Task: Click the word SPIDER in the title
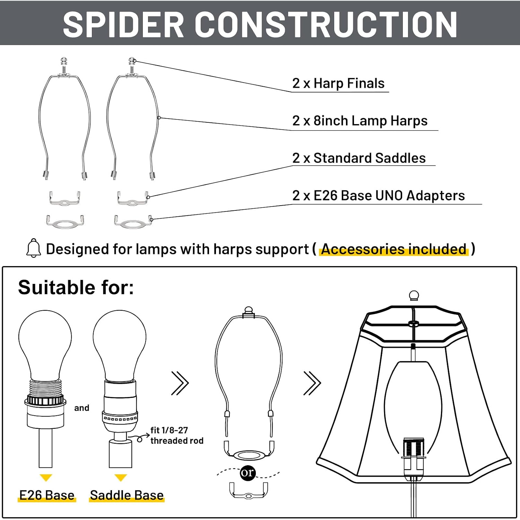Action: pyautogui.click(x=123, y=24)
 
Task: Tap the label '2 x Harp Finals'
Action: pyautogui.click(x=338, y=83)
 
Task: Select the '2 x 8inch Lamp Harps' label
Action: pyautogui.click(x=360, y=121)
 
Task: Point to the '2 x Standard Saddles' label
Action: pyautogui.click(x=359, y=158)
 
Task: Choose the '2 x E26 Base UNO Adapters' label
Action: pyautogui.click(x=379, y=196)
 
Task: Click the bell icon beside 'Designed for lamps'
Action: pyautogui.click(x=34, y=248)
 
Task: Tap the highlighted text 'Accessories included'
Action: pyautogui.click(x=394, y=249)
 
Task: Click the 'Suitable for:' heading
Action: pyautogui.click(x=76, y=287)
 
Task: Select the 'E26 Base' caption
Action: pyautogui.click(x=47, y=495)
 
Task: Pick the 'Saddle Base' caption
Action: pyautogui.click(x=127, y=495)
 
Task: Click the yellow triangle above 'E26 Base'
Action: pyautogui.click(x=46, y=477)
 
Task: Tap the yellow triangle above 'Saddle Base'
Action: pyautogui.click(x=120, y=477)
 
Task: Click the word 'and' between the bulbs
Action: pyautogui.click(x=81, y=408)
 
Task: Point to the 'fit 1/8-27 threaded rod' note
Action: pyautogui.click(x=177, y=435)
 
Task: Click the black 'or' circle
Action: pyautogui.click(x=248, y=473)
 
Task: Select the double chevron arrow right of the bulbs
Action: pyautogui.click(x=180, y=383)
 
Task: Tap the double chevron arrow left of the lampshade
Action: pyautogui.click(x=312, y=383)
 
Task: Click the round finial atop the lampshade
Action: pyautogui.click(x=414, y=296)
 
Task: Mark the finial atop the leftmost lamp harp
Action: pyautogui.click(x=63, y=62)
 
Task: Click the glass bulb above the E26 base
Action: pyautogui.click(x=45, y=345)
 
